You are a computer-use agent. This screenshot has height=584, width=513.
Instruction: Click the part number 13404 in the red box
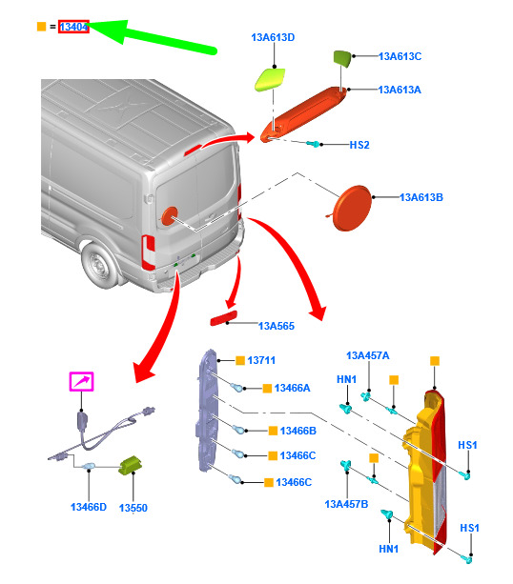tap(73, 27)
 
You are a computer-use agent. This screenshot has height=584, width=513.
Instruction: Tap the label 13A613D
tap(273, 37)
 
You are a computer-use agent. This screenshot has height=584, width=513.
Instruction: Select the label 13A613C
tap(400, 56)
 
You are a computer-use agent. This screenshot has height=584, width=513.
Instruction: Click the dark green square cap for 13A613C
tap(342, 59)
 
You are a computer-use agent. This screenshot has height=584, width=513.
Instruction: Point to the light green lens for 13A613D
tap(270, 79)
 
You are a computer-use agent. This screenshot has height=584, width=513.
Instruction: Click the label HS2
tap(359, 145)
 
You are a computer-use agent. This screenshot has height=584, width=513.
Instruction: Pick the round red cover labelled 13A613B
tap(352, 208)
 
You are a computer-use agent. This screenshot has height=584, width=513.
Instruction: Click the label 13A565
tap(277, 326)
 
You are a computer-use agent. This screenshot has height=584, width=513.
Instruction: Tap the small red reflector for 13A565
tap(224, 318)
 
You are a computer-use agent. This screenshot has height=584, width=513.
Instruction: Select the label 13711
tap(261, 360)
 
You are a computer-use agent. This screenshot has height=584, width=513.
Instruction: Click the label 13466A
tap(293, 388)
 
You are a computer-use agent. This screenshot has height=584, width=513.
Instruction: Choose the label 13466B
tap(298, 431)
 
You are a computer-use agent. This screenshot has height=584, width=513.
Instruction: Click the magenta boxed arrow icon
tap(82, 381)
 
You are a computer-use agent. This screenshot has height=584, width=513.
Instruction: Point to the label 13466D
tap(89, 507)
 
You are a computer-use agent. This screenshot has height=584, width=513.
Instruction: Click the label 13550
tap(133, 508)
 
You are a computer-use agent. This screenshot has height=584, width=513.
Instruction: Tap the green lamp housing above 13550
tap(130, 465)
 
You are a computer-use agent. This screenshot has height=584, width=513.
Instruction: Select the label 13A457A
tap(368, 355)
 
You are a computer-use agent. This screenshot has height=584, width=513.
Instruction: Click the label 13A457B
tap(346, 504)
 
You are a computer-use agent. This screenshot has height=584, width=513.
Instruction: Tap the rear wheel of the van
tap(99, 265)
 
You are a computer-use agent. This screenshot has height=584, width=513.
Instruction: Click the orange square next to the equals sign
tap(41, 27)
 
